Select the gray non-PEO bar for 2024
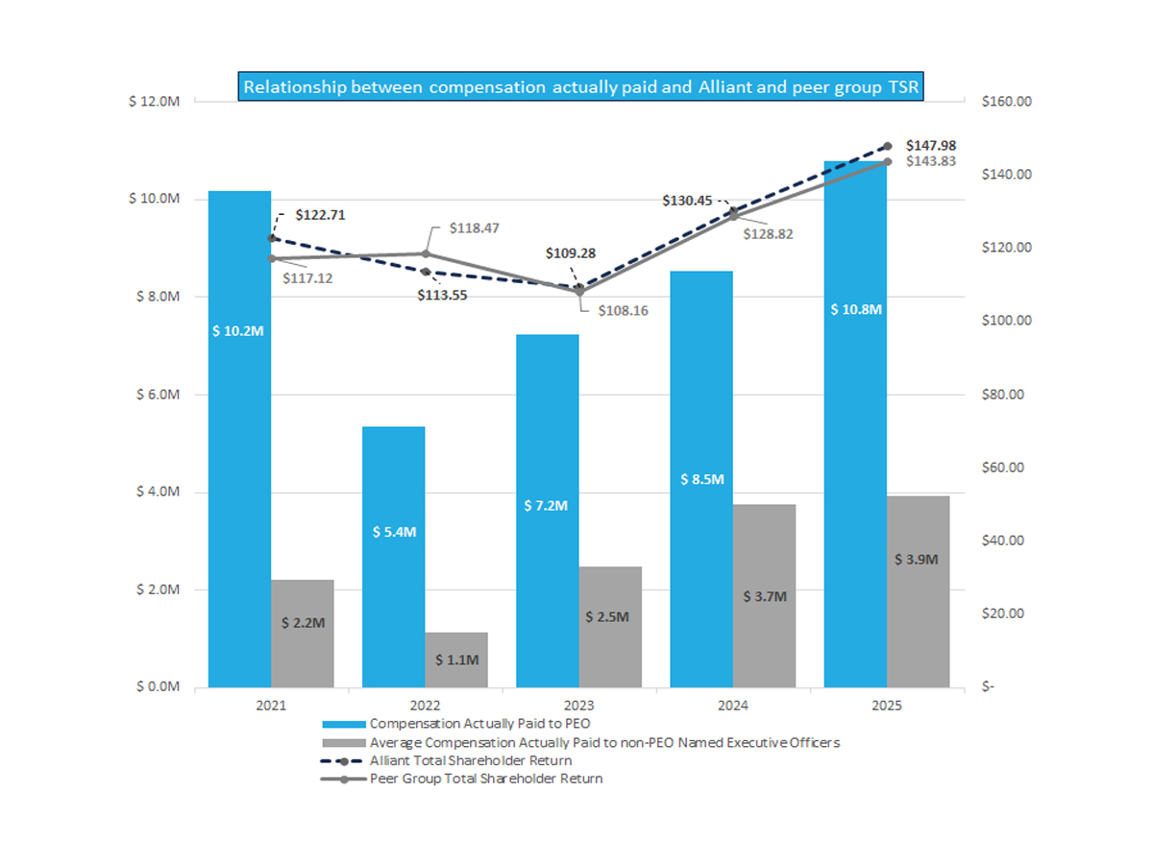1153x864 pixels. coord(765,595)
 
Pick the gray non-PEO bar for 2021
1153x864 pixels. coord(303,634)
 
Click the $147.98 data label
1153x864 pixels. coord(931,145)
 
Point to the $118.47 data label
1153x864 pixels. coord(474,228)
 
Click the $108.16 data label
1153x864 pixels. coord(624,311)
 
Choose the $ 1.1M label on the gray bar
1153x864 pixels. coord(456,660)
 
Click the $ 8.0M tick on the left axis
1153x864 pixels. coord(153,297)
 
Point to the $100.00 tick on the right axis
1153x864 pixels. coord(1006,321)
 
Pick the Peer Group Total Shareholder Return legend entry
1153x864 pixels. coord(486,779)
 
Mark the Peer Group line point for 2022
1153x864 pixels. coord(427,253)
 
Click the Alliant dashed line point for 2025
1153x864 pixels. coord(888,146)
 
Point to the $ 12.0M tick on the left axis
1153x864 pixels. coord(153,102)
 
